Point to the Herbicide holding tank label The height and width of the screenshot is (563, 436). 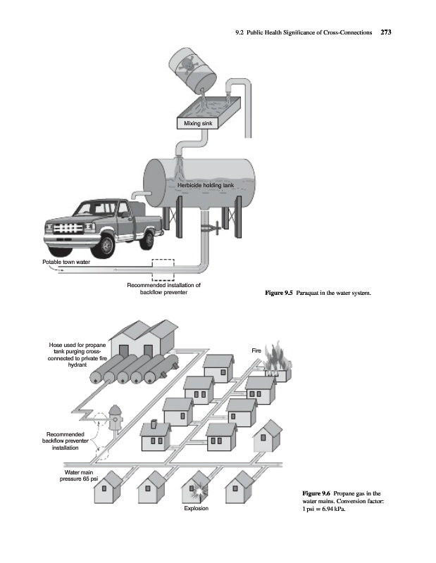pyautogui.click(x=210, y=184)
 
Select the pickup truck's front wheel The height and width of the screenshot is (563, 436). pyautogui.click(x=106, y=243)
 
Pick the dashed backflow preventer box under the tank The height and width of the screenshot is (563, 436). pyautogui.click(x=163, y=269)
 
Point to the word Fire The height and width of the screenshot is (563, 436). pyautogui.click(x=256, y=350)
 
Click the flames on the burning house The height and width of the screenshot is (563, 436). pyautogui.click(x=280, y=359)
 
